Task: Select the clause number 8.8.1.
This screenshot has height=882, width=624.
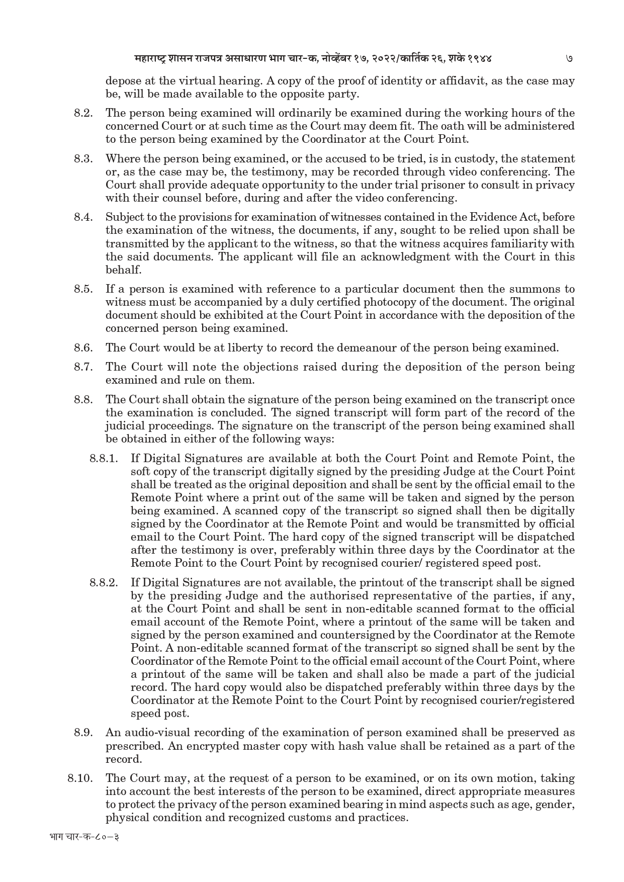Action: (x=104, y=459)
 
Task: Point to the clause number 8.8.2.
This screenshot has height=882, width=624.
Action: (x=104, y=583)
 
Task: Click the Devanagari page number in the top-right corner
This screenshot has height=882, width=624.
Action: (x=569, y=58)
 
